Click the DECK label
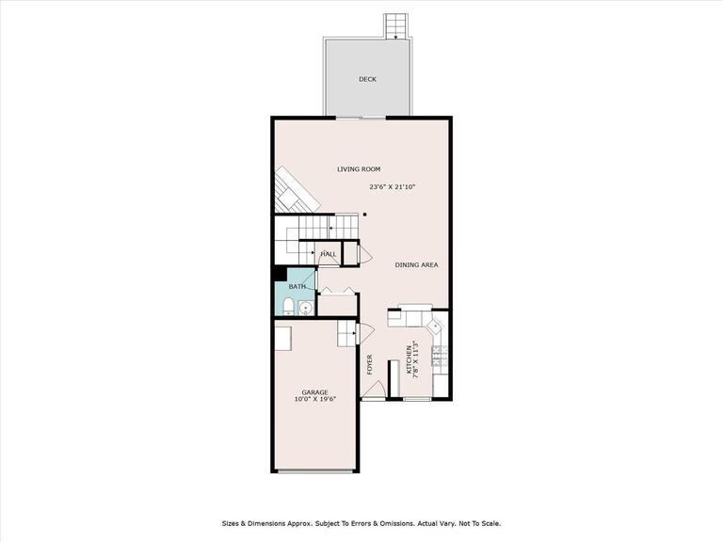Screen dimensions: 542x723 [x=367, y=79]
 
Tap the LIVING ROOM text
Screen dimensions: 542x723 [x=359, y=169]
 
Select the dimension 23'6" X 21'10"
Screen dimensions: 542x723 [x=392, y=187]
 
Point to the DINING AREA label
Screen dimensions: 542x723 [x=416, y=264]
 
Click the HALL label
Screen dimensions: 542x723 [x=329, y=254]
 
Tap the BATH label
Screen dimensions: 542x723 [x=297, y=286]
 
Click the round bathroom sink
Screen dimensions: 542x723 [x=305, y=308]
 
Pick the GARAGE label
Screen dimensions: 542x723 [x=314, y=391]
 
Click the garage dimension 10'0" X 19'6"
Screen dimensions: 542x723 [x=314, y=400]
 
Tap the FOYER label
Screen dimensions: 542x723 [x=370, y=363]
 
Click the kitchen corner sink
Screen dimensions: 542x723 [x=436, y=327]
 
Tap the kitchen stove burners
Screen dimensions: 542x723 [x=439, y=355]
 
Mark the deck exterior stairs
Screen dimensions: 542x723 [x=396, y=25]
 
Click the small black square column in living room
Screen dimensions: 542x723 [x=364, y=215]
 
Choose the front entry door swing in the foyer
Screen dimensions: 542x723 [x=374, y=391]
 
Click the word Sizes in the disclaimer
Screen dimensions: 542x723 [x=232, y=522]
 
